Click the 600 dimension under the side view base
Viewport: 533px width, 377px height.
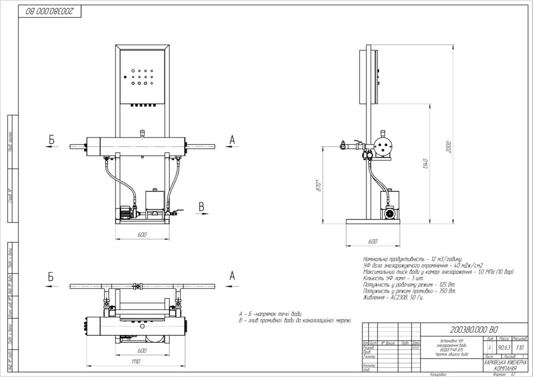[x=372, y=242]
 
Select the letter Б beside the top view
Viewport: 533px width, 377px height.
[x=51, y=277]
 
